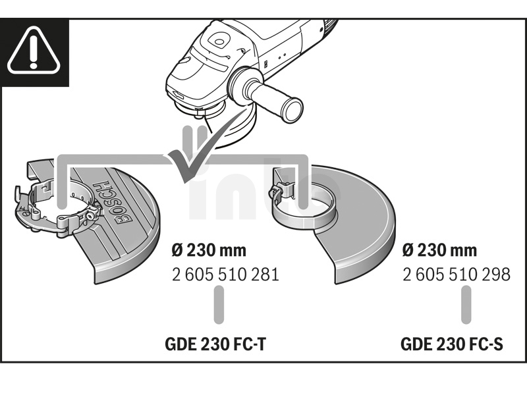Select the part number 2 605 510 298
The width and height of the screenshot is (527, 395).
click(x=456, y=274)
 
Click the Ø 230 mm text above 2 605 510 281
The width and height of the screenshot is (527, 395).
click(x=209, y=250)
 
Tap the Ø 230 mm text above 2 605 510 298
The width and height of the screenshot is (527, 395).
click(x=439, y=250)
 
